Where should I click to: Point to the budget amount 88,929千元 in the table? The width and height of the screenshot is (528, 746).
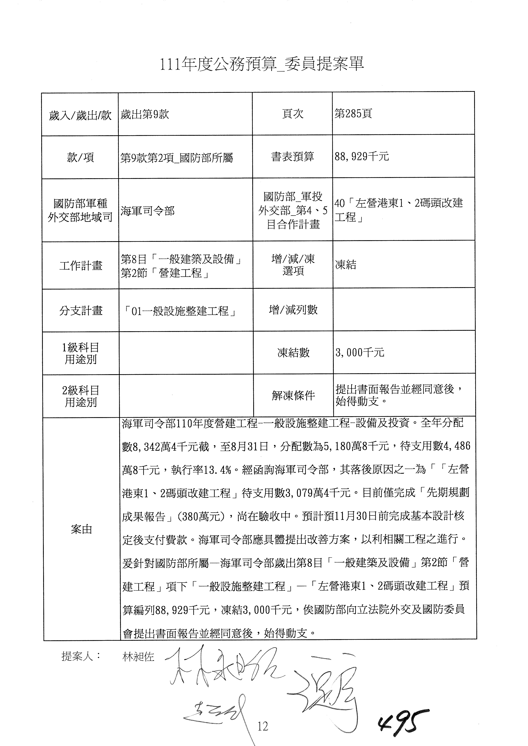coord(362,157)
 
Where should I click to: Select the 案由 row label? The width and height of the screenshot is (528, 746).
coord(81,529)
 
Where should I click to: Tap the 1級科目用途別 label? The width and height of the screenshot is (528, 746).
coord(81,353)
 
